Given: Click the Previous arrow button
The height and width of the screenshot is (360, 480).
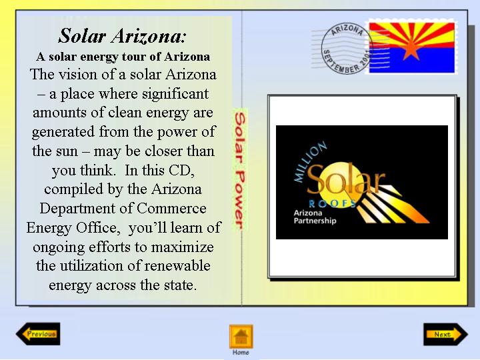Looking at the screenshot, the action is click(38, 334).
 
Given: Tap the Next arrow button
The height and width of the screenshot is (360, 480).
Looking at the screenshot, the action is click(445, 334).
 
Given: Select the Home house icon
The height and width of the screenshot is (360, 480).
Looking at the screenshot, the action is click(241, 337).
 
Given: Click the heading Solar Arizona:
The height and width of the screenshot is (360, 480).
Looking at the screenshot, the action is click(122, 36).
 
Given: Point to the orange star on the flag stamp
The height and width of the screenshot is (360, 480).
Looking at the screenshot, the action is click(411, 49).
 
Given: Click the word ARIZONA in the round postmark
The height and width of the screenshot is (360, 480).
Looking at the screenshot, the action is click(347, 30).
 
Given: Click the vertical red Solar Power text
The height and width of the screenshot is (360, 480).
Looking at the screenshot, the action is click(240, 170).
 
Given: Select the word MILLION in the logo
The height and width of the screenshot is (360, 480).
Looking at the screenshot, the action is click(309, 161).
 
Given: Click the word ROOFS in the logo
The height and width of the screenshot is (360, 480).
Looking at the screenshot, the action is click(332, 203).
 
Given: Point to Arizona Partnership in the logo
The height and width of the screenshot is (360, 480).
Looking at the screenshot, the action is click(315, 217).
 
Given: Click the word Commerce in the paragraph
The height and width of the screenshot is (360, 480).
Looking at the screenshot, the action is click(171, 209).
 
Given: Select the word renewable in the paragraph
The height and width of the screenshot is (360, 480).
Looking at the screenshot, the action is click(177, 266).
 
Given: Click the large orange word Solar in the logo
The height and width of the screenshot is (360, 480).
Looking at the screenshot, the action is click(345, 179).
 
